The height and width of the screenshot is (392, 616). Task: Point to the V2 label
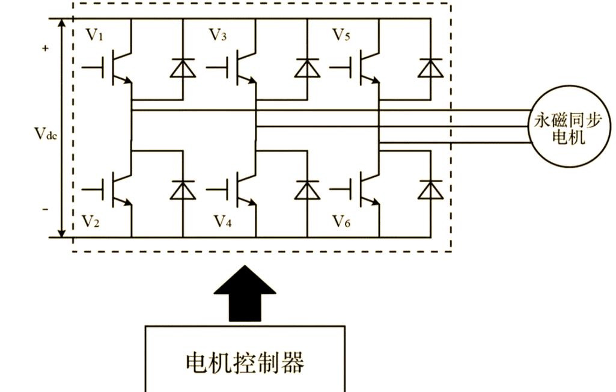[x=90, y=222]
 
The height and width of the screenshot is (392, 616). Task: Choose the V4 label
[x=222, y=222]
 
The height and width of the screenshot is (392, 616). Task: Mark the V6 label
[x=341, y=222]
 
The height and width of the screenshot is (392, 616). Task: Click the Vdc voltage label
[x=45, y=133]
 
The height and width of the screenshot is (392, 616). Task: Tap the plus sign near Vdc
[x=45, y=49]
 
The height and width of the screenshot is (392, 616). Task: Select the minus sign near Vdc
[x=45, y=209]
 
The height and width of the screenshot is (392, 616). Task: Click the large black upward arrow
[x=245, y=295]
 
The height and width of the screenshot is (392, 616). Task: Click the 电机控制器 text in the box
[x=245, y=363]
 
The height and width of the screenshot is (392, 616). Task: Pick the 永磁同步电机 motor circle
[x=567, y=127]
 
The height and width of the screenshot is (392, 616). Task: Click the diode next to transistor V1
[x=183, y=69]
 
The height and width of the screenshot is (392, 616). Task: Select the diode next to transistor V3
[x=307, y=69]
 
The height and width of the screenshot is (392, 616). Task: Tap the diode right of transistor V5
[x=430, y=69]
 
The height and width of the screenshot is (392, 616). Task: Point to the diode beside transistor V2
[x=183, y=190]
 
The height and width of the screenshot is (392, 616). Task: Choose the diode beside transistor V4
[x=307, y=190]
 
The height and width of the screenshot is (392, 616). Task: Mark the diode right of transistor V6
[x=430, y=190]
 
